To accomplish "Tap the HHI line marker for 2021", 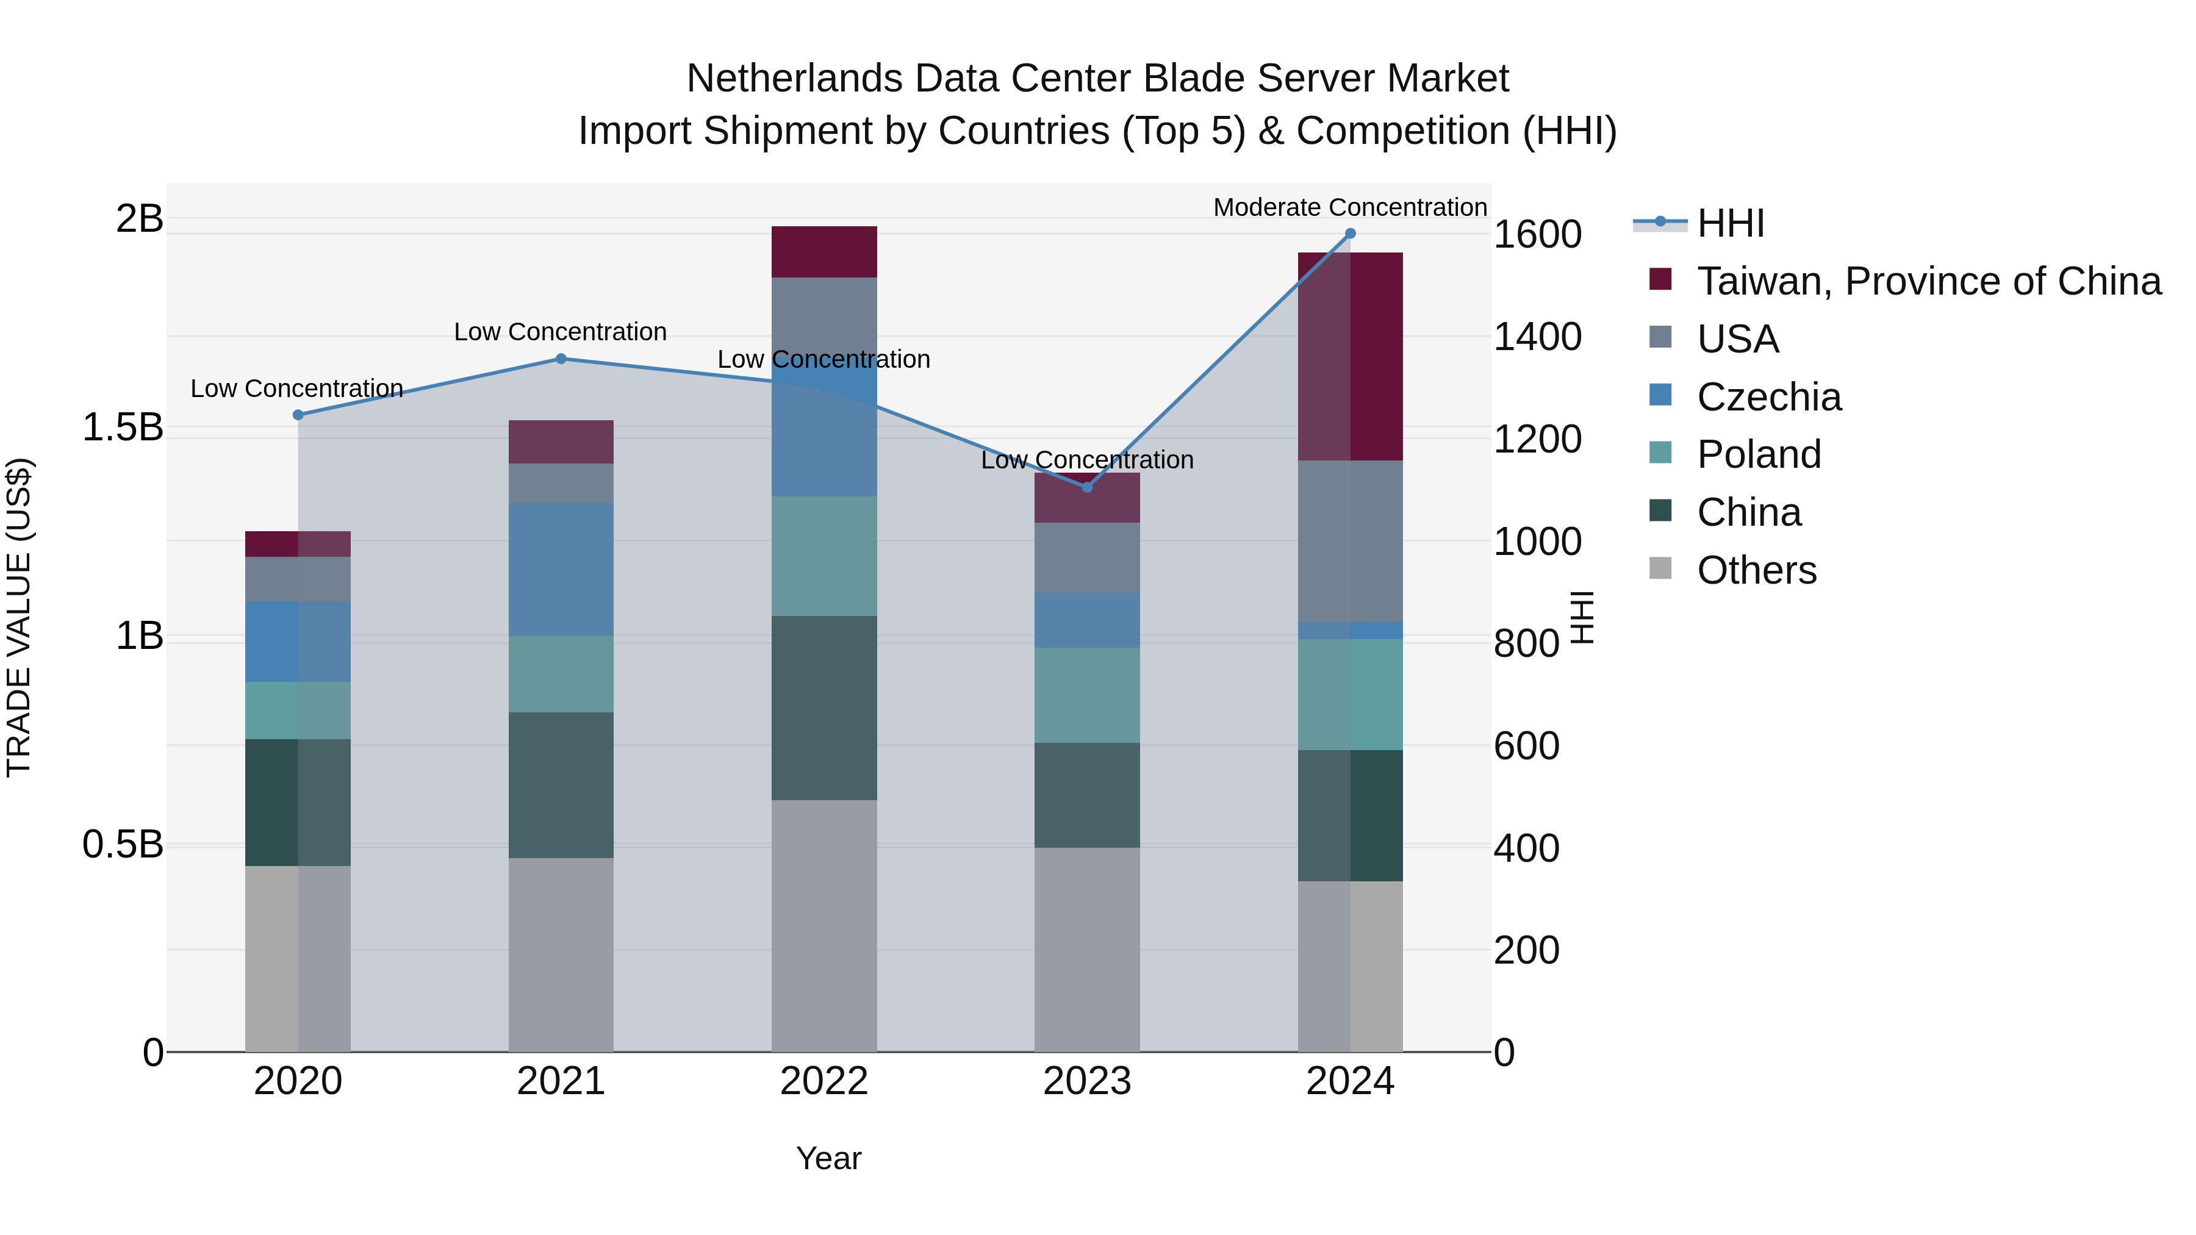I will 561,359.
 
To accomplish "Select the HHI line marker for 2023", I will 1087,487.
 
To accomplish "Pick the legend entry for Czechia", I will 1769,397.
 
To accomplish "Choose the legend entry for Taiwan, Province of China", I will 1928,281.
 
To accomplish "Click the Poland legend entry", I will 1758,454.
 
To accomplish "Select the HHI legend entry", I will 1731,223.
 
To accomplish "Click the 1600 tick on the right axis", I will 1537,234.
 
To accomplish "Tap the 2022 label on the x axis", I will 823,1081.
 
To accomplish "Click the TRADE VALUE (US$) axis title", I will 19,617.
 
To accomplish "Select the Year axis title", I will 828,1158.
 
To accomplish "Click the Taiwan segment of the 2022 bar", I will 823,252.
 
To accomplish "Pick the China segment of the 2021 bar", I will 561,785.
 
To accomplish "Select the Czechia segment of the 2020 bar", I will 298,642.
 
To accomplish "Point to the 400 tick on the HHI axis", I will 1526,848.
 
